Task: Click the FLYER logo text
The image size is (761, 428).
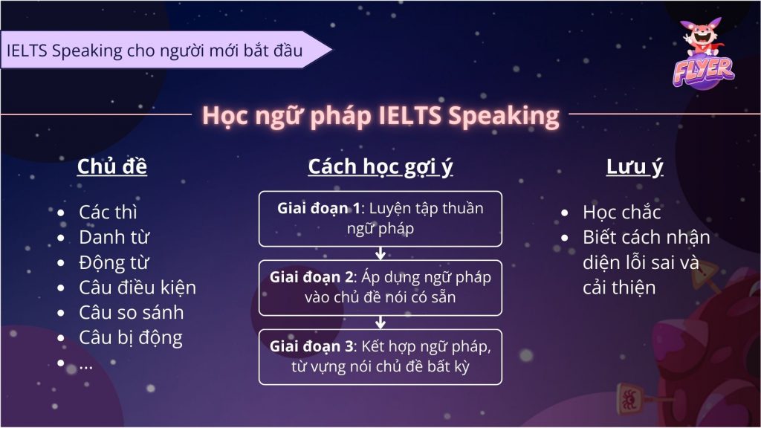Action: coord(703,71)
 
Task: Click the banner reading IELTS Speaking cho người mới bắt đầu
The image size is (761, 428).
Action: coord(165,50)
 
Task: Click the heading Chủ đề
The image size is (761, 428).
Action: coord(112,167)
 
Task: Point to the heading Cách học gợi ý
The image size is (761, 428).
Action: coord(380,168)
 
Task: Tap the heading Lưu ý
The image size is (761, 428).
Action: coord(635,168)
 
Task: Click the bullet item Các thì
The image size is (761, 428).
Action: coord(108,213)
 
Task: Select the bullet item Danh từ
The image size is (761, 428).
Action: coord(114,238)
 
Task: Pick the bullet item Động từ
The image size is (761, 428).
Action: coord(114,263)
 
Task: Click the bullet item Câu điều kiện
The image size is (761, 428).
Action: coord(137,288)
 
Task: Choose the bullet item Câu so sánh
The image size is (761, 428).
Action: coord(131,313)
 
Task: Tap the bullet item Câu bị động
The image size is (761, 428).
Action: coord(131,338)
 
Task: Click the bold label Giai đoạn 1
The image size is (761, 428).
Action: coord(318,208)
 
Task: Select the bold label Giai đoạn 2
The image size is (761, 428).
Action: coord(311,277)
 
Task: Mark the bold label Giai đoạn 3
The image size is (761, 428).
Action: coord(311,346)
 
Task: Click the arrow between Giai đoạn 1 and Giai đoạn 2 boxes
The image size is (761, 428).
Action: coord(380,253)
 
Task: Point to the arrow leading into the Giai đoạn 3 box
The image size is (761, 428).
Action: coord(380,322)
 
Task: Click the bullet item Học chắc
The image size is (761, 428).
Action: coord(622,213)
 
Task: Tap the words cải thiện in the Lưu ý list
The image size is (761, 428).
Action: coord(619,288)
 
